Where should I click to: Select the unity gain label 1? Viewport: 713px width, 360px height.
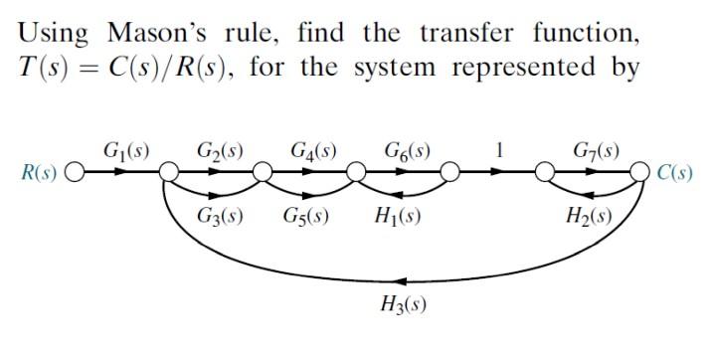pos(499,152)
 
